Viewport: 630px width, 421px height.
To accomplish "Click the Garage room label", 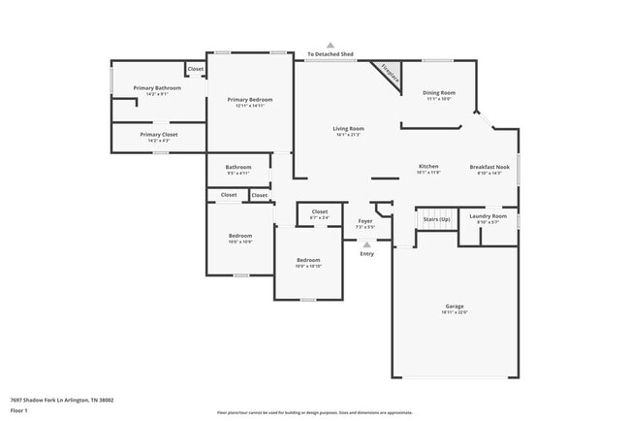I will click(x=455, y=306).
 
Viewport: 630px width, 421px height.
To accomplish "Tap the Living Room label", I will click(x=348, y=128).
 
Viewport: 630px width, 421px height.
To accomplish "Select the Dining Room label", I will click(x=439, y=92).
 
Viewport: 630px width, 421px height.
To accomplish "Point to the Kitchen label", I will click(x=428, y=166).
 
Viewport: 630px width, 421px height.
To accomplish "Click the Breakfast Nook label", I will click(x=488, y=166).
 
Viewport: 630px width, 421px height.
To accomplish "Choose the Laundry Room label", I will click(x=488, y=215).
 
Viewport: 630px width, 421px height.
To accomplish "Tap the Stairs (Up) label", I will click(x=437, y=219).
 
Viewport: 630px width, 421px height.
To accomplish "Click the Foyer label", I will click(x=365, y=220).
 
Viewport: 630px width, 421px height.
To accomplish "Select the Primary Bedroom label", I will click(x=250, y=99).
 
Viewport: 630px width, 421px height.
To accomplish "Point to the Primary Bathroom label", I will click(x=150, y=88).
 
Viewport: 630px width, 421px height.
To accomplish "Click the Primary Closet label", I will click(x=159, y=134).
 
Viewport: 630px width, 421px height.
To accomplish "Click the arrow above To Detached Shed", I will click(x=331, y=45).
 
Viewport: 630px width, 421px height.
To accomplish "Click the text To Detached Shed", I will click(x=331, y=54).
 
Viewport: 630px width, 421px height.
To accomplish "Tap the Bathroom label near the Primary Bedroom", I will click(x=238, y=167).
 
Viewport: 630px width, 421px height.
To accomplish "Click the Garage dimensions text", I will click(x=455, y=312).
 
